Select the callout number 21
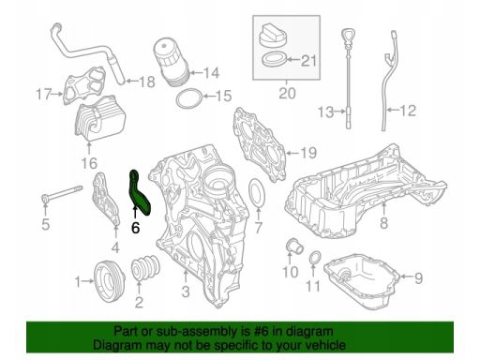tap(308, 61)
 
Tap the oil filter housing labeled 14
tap(171, 63)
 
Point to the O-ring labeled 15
tap(188, 98)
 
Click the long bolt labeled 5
tap(62, 194)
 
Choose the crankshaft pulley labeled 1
tap(109, 281)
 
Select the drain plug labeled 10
tap(294, 247)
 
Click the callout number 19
tap(308, 153)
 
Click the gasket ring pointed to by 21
tap(274, 59)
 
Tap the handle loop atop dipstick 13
tap(347, 34)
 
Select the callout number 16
tap(89, 163)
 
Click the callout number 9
tap(418, 277)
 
